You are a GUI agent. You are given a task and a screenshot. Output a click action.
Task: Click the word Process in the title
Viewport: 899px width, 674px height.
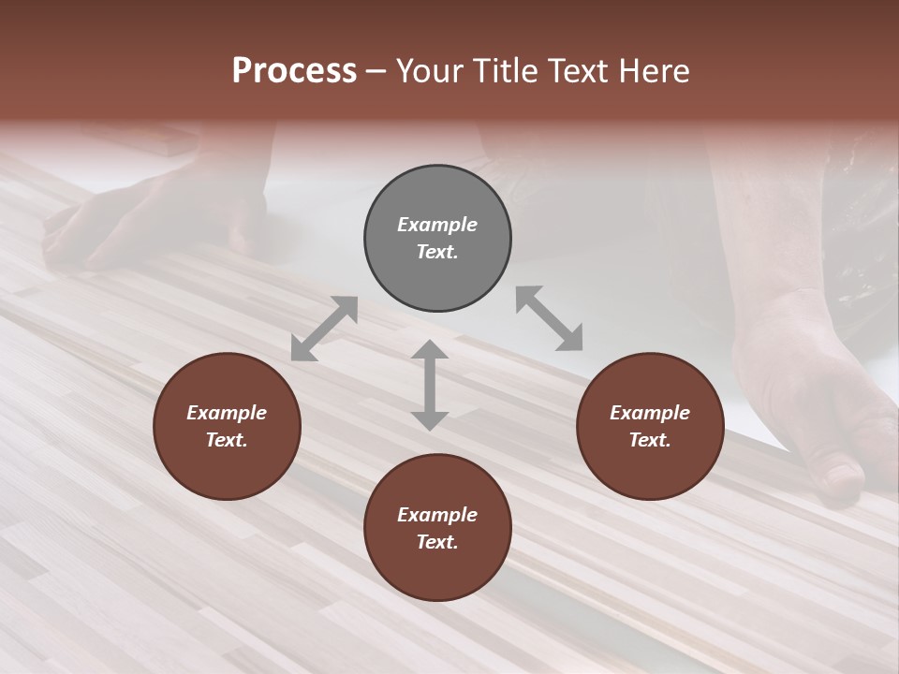click(x=294, y=71)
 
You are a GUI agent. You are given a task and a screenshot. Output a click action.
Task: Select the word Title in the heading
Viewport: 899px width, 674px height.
click(x=503, y=71)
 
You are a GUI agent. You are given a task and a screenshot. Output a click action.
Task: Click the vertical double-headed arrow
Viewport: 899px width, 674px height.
click(x=430, y=386)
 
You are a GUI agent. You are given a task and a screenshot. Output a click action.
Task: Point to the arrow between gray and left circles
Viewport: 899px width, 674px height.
click(x=324, y=329)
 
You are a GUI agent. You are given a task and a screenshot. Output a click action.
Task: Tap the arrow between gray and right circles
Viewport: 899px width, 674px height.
click(x=549, y=318)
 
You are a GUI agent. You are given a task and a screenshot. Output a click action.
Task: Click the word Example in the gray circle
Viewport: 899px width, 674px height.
click(x=437, y=225)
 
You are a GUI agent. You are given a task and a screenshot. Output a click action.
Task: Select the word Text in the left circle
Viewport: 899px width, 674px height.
click(x=227, y=440)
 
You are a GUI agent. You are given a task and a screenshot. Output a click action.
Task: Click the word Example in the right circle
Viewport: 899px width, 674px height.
click(x=650, y=413)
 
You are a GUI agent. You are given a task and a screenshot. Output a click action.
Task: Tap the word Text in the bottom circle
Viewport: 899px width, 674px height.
click(x=437, y=542)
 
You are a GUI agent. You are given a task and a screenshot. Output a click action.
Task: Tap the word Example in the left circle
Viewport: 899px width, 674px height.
click(x=227, y=413)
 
